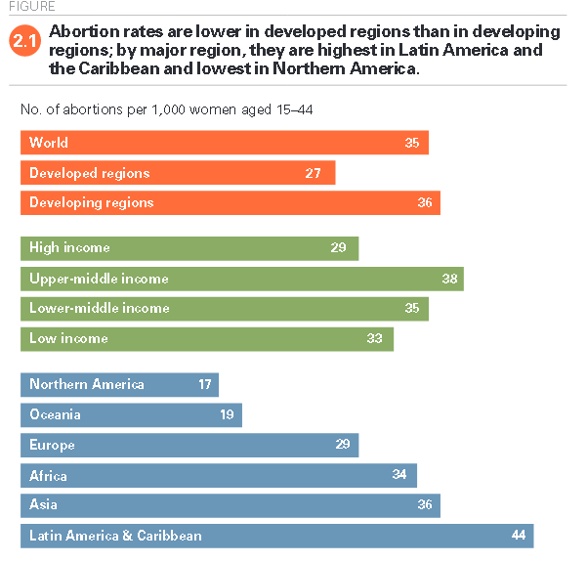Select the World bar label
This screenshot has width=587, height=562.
point(49,143)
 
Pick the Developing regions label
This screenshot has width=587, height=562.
point(91,203)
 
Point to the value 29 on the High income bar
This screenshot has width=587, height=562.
point(338,248)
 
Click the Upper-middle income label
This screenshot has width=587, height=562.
point(99,279)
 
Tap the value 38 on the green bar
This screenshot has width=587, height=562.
point(449,279)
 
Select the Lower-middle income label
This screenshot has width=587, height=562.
point(99,309)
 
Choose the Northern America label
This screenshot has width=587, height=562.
point(87,384)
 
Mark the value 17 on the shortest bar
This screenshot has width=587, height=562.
point(204,384)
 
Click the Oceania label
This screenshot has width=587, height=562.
point(55,414)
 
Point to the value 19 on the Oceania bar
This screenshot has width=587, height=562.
point(227,414)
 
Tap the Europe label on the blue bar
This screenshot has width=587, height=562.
point(52,445)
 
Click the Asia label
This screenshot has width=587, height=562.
point(43,505)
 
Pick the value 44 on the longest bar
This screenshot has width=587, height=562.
point(519,536)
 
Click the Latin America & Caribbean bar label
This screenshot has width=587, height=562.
point(115,536)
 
